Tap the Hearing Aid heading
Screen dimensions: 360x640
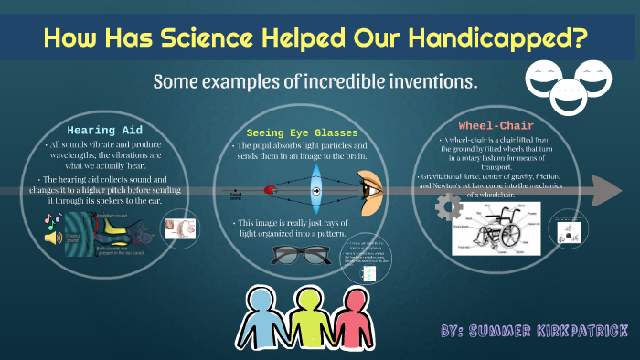coord(104,131)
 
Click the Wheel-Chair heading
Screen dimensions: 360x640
coord(496,124)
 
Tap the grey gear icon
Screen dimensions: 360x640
coord(448,207)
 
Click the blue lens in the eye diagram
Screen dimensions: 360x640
coord(315,189)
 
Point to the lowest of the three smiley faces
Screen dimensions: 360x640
coord(568,94)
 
